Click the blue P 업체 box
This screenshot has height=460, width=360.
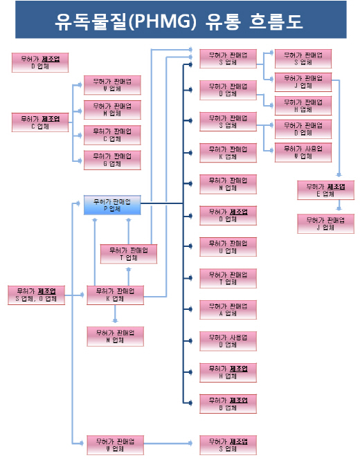(112, 205)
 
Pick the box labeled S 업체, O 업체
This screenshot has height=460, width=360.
(36, 295)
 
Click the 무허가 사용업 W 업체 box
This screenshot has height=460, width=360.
(303, 152)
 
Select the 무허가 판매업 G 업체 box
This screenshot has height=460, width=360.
(112, 160)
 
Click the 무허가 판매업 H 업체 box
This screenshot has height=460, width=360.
(303, 105)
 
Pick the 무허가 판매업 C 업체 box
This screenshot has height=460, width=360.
(112, 135)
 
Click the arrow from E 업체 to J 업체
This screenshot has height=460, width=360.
(339, 205)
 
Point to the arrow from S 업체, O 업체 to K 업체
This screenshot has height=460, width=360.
(75, 295)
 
